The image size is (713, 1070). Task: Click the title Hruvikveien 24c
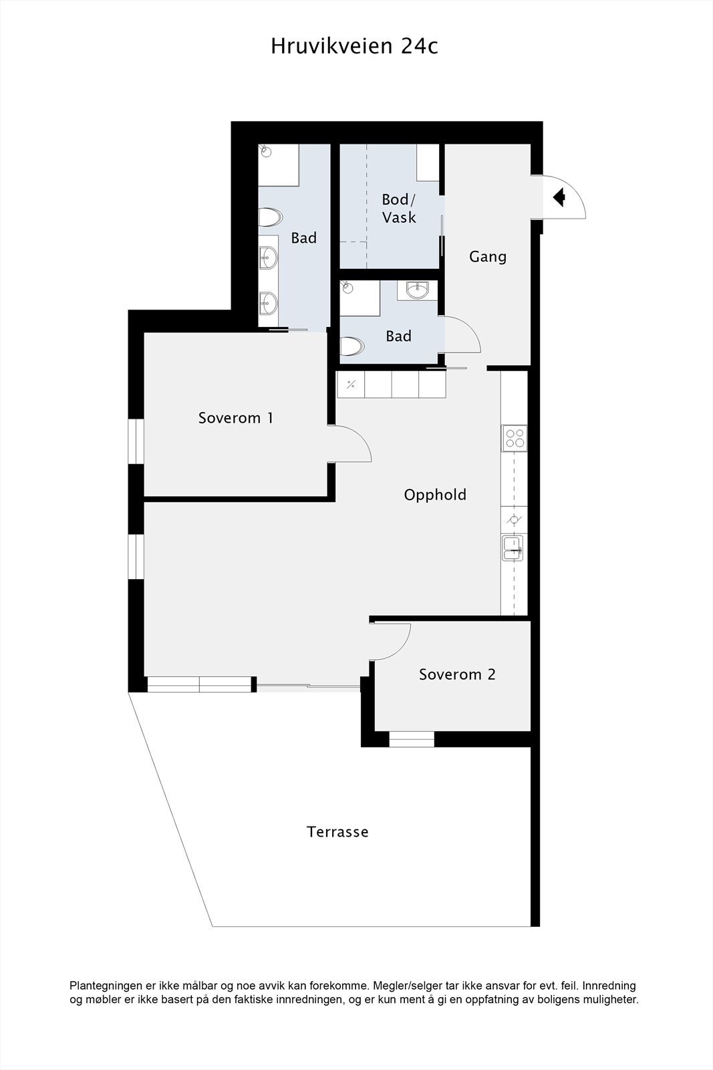[354, 46]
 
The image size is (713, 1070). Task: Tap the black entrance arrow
[560, 197]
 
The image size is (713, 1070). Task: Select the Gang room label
[488, 256]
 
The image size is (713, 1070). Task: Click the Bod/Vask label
[399, 208]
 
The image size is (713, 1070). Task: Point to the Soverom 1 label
[235, 418]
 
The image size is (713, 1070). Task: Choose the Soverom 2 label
[457, 674]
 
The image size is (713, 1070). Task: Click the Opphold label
[435, 495]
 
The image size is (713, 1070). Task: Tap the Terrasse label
[337, 832]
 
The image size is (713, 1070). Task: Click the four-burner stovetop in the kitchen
[515, 438]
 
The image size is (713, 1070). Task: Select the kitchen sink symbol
[514, 548]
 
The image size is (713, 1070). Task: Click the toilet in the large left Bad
[270, 217]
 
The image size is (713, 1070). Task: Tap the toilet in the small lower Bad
[351, 346]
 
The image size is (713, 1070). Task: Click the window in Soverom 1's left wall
[136, 441]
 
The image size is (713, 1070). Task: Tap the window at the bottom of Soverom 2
[412, 739]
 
